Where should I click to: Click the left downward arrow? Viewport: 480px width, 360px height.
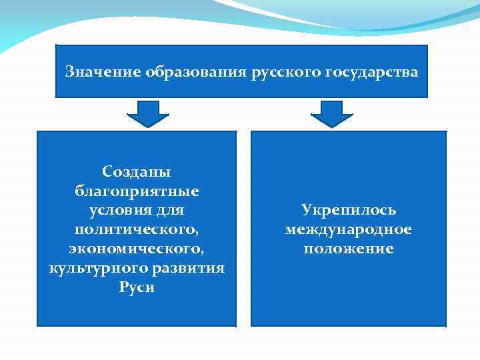tap(147, 114)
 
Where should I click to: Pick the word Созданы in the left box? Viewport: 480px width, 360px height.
tap(137, 172)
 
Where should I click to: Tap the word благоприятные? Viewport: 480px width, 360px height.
tap(137, 191)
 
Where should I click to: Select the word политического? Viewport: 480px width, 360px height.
tap(137, 230)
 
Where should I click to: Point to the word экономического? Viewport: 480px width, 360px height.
tap(137, 249)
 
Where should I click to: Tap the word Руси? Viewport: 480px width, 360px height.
tap(137, 288)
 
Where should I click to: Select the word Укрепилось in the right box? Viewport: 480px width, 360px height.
tap(349, 211)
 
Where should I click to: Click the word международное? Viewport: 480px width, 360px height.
tap(349, 230)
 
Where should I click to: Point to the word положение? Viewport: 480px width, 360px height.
tap(349, 249)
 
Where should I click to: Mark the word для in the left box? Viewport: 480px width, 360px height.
tap(169, 211)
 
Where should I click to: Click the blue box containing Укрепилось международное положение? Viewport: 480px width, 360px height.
tap(349, 293)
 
